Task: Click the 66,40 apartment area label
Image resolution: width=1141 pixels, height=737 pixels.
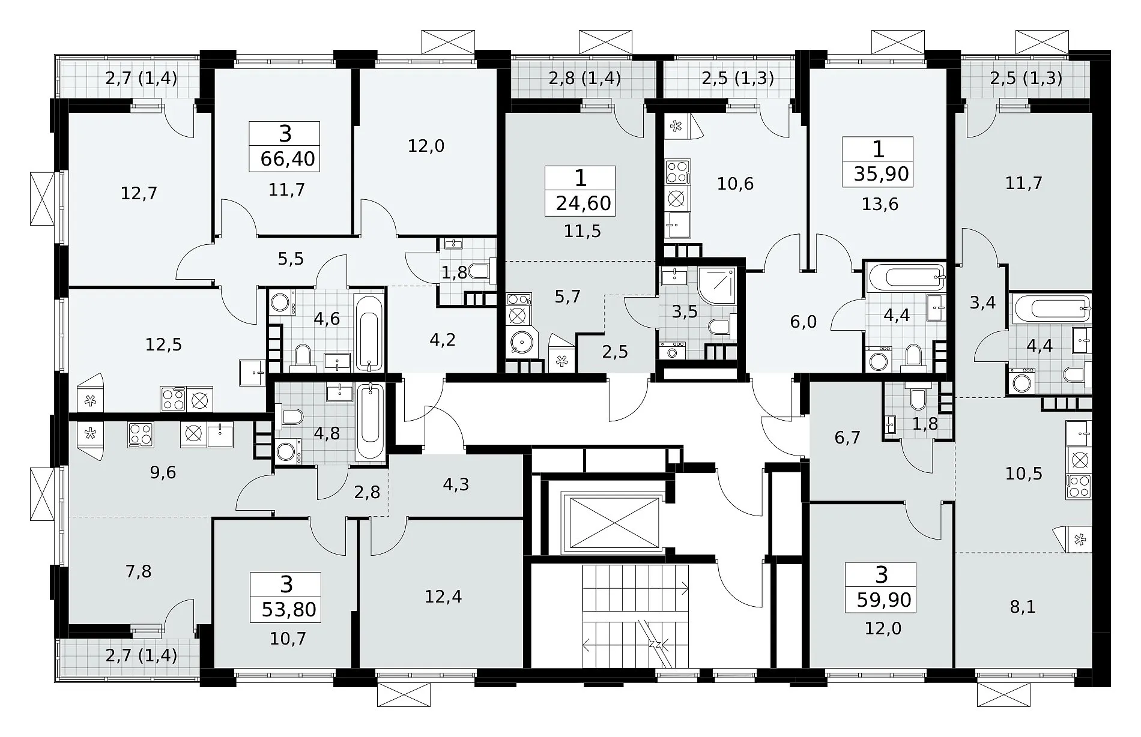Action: coord(288,160)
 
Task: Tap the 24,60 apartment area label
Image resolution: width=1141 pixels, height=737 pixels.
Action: coord(583,203)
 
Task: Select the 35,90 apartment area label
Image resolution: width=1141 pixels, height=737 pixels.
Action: coord(881,174)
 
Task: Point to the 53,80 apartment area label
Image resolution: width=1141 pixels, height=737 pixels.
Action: coord(289,609)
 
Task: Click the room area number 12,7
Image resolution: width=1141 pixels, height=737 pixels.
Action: coord(139,193)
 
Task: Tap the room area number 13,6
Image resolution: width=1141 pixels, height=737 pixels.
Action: coord(880,204)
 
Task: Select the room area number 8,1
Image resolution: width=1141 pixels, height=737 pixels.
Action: coord(1023,607)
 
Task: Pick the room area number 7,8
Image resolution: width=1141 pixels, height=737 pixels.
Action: coord(138,571)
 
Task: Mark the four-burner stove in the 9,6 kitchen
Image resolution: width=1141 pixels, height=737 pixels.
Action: coord(140,435)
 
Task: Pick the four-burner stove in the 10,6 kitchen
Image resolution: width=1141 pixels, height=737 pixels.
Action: coord(678,172)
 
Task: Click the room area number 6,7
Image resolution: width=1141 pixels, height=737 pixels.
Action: coord(847,438)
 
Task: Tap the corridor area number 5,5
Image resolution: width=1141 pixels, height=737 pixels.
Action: coord(291,259)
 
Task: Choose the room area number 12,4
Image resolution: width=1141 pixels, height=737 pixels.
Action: coord(443,597)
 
